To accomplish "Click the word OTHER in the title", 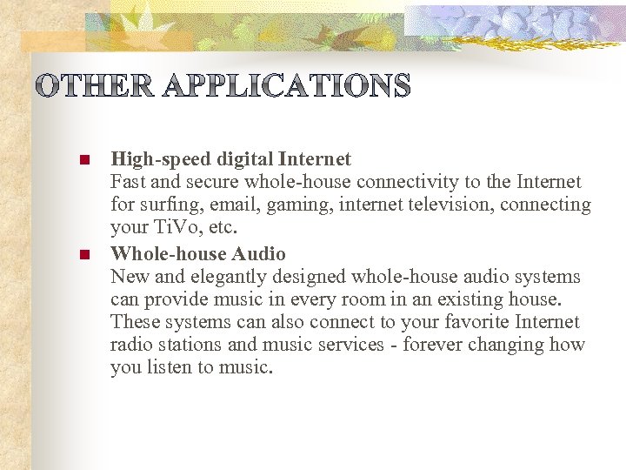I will tap(95, 86).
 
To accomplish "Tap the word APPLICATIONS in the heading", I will tap(286, 86).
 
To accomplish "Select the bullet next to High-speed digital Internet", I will tap(84, 161).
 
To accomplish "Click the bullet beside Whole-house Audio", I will tap(84, 255).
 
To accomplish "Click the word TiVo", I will tap(174, 228).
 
